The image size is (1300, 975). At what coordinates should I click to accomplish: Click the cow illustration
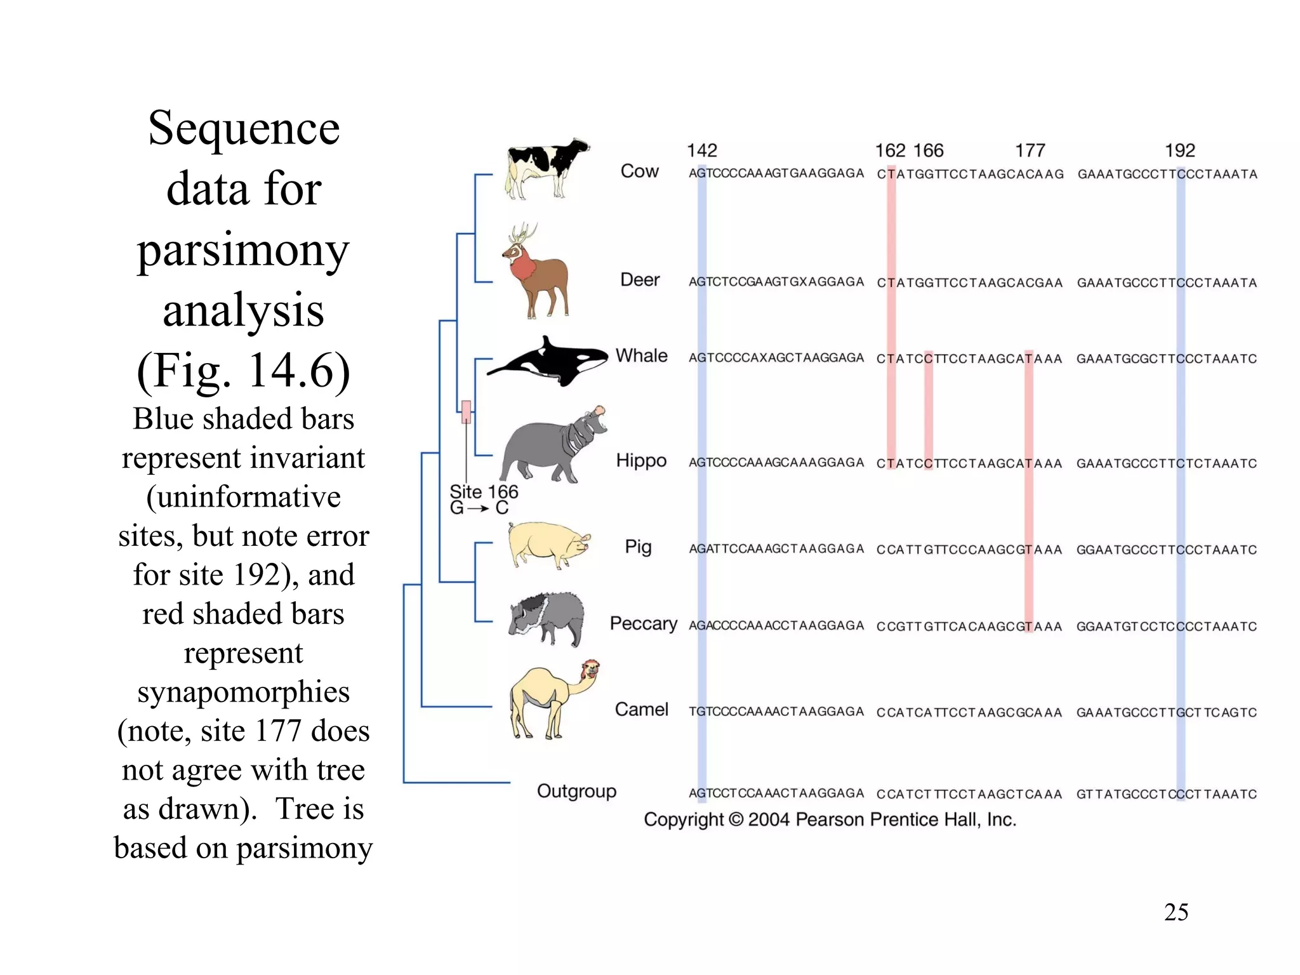click(546, 168)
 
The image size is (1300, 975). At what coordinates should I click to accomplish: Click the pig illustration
click(548, 544)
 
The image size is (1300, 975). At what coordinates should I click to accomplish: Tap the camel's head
click(590, 670)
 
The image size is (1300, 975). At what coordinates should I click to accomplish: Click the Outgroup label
click(576, 791)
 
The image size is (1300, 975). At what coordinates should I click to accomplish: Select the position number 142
click(701, 150)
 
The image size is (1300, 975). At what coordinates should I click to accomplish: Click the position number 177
click(1030, 150)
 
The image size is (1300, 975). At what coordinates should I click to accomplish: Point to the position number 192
click(1179, 150)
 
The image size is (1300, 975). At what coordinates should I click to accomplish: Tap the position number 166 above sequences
click(929, 150)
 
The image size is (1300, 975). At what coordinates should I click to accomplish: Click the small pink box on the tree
click(466, 412)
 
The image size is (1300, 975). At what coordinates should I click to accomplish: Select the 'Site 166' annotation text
click(484, 492)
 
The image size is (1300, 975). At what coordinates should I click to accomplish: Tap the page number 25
click(1176, 912)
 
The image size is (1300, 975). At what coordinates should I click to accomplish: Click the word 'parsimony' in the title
click(243, 251)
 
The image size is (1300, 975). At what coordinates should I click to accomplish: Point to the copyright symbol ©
click(736, 819)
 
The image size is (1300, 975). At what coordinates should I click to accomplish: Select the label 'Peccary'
click(643, 623)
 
